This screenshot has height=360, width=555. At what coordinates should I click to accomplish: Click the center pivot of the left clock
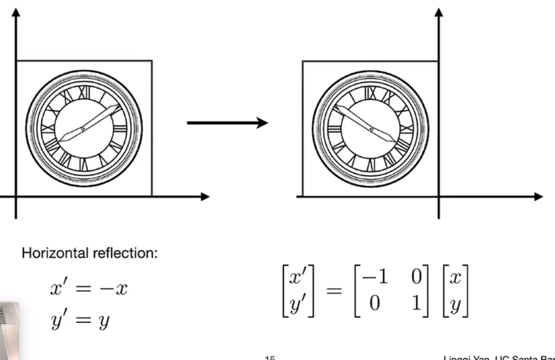[83, 129]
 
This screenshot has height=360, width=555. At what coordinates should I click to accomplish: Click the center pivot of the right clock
[371, 129]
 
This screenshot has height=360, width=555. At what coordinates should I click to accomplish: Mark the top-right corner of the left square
[152, 61]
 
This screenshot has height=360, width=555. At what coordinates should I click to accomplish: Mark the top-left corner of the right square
[303, 61]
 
